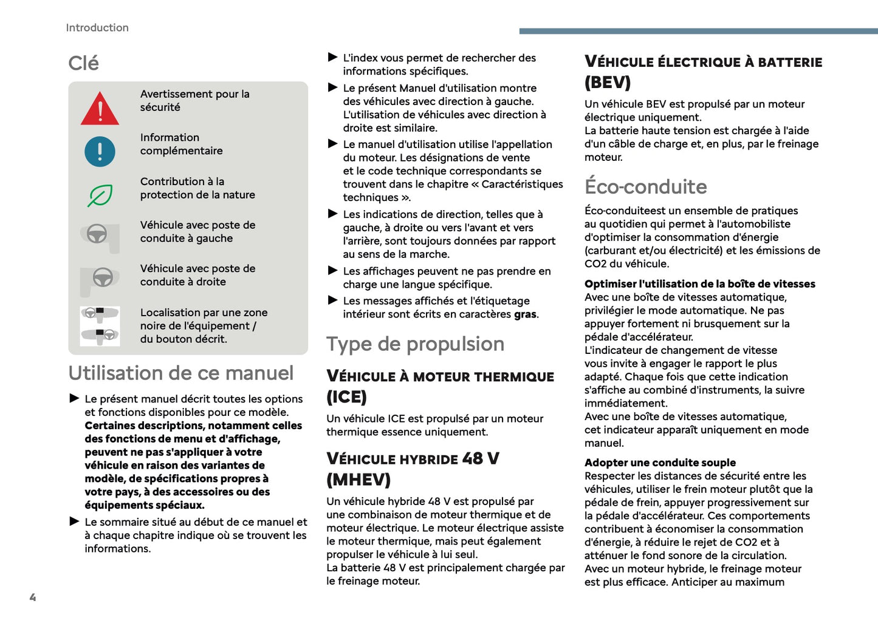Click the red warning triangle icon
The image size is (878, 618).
click(100, 109)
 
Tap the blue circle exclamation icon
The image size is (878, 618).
click(100, 151)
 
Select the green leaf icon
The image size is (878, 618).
click(100, 195)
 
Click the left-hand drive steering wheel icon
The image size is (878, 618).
click(97, 236)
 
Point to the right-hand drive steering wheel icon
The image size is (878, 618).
click(101, 279)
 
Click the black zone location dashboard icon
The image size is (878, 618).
click(100, 326)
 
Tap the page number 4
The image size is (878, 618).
click(33, 597)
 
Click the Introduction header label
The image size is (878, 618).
click(97, 28)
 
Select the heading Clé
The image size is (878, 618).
click(83, 63)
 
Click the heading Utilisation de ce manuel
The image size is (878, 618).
click(181, 373)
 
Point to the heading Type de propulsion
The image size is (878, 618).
click(415, 344)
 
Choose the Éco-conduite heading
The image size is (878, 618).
click(645, 186)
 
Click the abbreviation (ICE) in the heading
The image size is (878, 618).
click(346, 397)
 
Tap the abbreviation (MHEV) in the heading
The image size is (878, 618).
click(358, 480)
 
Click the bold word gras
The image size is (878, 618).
click(525, 314)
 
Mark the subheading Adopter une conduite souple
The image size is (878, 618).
click(660, 463)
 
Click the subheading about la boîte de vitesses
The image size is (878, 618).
click(699, 284)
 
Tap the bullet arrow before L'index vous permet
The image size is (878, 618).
click(332, 58)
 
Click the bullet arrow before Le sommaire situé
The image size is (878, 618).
click(74, 521)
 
